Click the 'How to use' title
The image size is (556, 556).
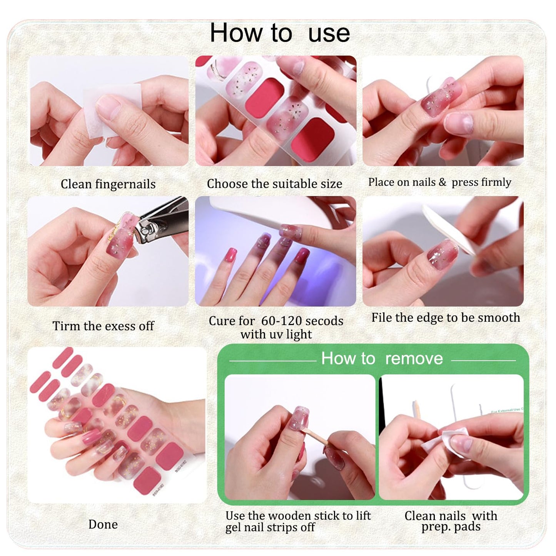[280, 33]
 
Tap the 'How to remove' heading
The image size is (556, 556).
[382, 359]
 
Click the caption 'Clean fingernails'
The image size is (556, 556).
[108, 184]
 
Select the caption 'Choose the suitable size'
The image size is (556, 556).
[274, 184]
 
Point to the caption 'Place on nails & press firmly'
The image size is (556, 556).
[439, 182]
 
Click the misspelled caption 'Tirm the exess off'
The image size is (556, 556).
[103, 326]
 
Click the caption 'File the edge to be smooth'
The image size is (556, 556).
[446, 317]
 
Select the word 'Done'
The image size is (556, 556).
[103, 524]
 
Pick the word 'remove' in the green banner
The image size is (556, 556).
[414, 359]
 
